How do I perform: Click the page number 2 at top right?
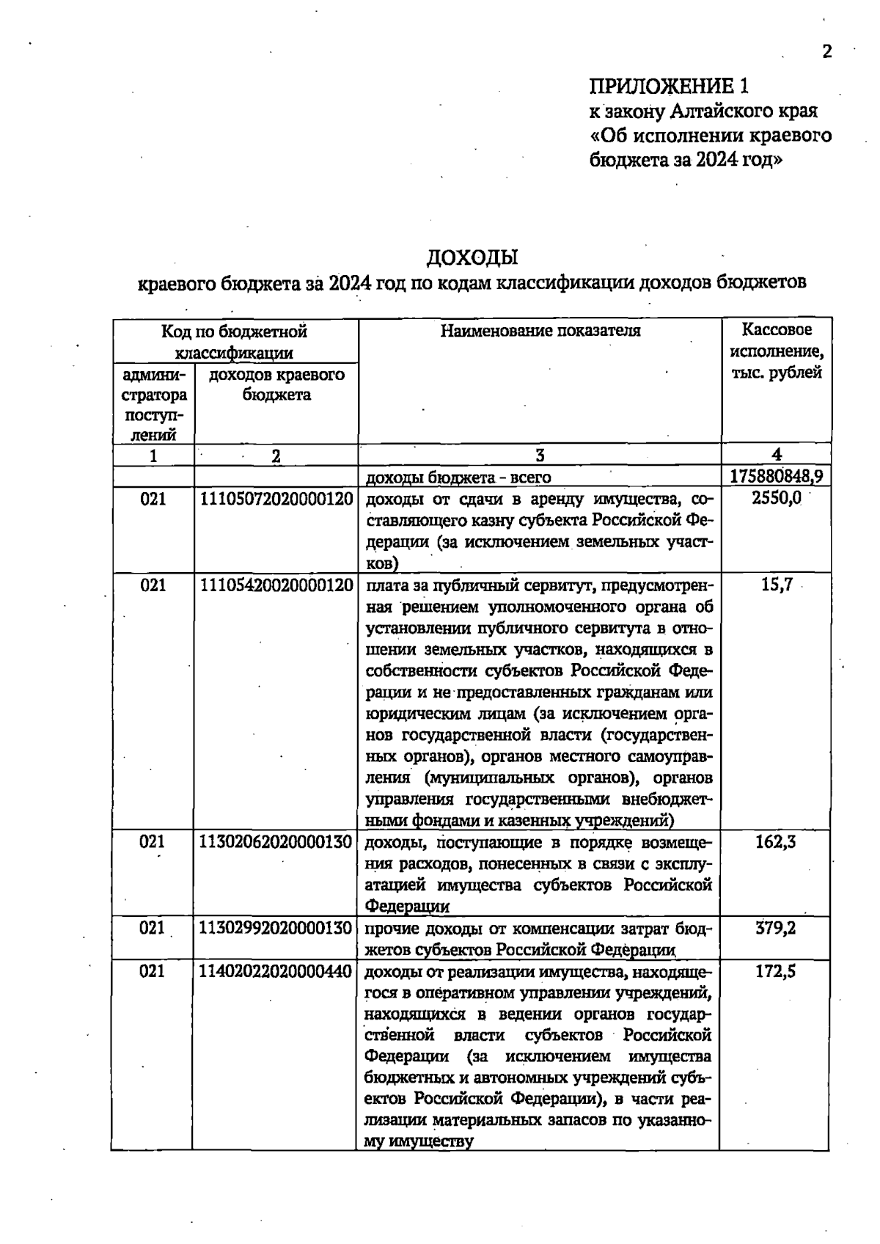tap(827, 51)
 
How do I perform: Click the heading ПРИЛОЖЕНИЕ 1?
tap(669, 87)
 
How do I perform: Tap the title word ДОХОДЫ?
tap(472, 257)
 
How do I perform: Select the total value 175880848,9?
tap(776, 477)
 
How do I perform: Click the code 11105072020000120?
tap(276, 500)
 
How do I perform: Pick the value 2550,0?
tap(776, 498)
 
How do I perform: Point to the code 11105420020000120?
tap(276, 585)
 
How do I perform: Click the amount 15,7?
tap(776, 585)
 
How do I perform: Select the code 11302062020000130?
tap(276, 842)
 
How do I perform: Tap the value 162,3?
tap(776, 842)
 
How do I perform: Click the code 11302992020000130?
tap(276, 928)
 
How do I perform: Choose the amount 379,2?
tap(776, 928)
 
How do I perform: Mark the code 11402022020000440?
tap(276, 972)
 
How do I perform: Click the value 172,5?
tap(776, 972)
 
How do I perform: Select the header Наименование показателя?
tap(540, 331)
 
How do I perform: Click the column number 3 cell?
tap(540, 455)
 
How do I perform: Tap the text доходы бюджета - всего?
tap(458, 478)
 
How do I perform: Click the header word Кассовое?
tap(776, 330)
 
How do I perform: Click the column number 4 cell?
tap(776, 455)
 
